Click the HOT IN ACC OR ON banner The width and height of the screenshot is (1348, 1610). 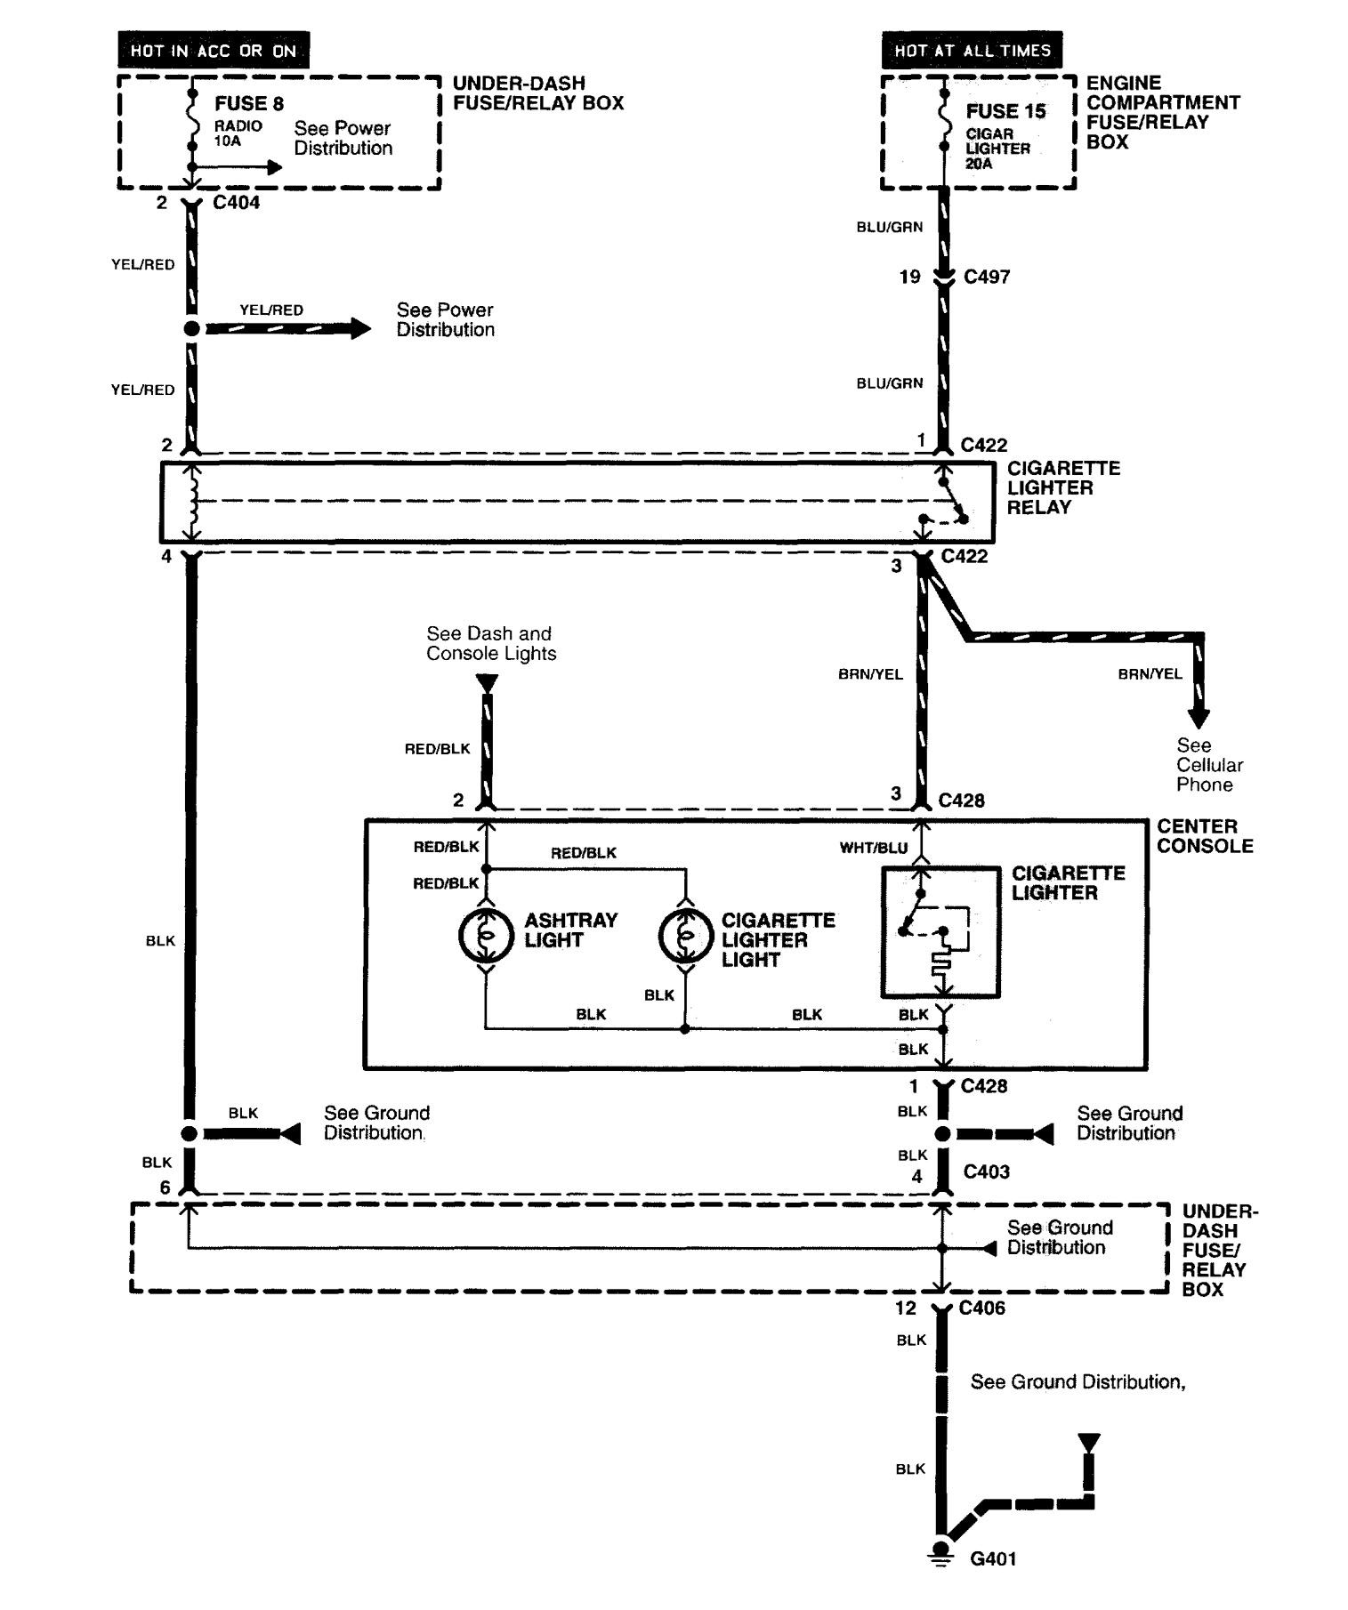(214, 51)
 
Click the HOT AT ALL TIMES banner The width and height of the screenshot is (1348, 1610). (973, 51)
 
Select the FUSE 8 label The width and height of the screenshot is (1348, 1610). (248, 103)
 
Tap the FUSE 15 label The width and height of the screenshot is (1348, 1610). (1005, 111)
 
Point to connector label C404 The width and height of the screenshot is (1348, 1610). (237, 203)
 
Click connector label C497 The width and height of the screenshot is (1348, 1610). (987, 277)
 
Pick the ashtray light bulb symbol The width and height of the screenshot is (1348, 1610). (486, 935)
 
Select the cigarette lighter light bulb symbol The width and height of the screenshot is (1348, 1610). (685, 935)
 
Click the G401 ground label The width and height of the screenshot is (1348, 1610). (993, 1558)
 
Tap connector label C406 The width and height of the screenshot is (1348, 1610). (982, 1308)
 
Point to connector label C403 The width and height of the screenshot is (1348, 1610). (987, 1171)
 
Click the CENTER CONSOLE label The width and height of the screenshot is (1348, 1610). (1205, 836)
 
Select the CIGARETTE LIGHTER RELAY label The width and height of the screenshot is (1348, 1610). (1063, 487)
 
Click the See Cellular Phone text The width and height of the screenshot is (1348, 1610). (1209, 765)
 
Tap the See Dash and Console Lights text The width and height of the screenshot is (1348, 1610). (491, 643)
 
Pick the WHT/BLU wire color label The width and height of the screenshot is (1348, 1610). (874, 848)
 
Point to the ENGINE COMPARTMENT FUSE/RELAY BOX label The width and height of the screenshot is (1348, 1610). (1162, 112)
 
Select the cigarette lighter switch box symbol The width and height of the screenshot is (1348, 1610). (940, 931)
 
